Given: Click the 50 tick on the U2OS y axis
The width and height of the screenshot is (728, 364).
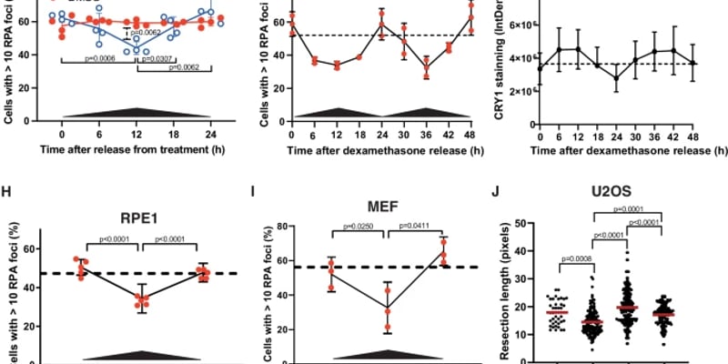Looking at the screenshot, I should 526,223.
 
